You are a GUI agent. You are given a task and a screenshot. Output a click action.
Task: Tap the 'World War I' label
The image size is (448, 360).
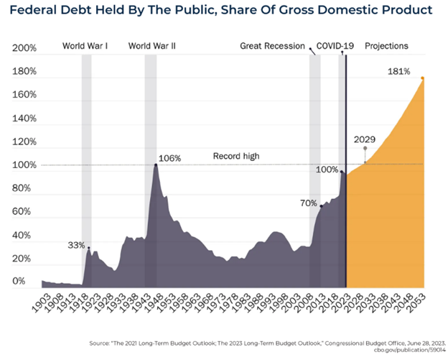[x=85, y=47]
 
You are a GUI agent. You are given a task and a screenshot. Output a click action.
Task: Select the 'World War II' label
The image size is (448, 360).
[x=152, y=47]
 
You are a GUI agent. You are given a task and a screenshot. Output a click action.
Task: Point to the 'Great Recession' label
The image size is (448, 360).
[x=273, y=47]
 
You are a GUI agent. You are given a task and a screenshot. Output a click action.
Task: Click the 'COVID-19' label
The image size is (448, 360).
[x=335, y=47]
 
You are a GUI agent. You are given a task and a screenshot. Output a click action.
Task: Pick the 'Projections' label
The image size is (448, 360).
[x=386, y=47]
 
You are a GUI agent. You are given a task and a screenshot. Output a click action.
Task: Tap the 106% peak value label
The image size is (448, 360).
[x=170, y=158]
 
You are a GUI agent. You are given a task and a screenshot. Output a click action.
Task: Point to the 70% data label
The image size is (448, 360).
[x=309, y=203]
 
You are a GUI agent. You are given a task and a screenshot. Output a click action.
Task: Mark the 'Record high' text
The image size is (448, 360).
[x=236, y=156]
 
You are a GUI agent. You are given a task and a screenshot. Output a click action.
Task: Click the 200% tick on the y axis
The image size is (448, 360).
[x=24, y=48]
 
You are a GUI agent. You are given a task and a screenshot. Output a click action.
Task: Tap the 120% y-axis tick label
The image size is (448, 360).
[x=24, y=142]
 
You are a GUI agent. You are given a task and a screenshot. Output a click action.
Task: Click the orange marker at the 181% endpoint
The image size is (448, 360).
[x=423, y=78]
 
